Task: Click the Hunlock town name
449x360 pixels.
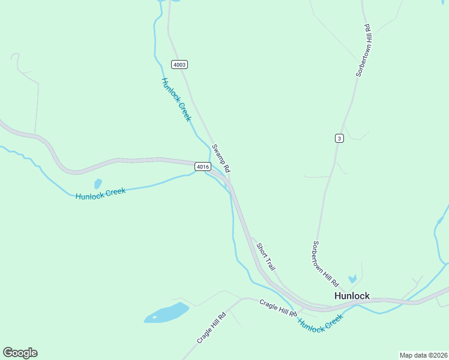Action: click(352, 296)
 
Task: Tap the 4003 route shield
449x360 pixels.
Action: click(179, 64)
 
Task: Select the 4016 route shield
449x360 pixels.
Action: click(202, 166)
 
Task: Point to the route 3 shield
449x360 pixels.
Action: click(339, 139)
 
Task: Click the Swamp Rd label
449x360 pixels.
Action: click(221, 158)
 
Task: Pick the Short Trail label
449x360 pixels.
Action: click(265, 256)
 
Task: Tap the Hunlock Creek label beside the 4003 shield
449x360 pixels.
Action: click(176, 100)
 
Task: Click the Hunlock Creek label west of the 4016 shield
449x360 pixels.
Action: click(100, 193)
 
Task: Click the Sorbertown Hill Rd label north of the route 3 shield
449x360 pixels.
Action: click(364, 50)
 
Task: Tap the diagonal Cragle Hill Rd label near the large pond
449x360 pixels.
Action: click(211, 328)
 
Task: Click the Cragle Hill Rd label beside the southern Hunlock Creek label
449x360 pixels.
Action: click(278, 308)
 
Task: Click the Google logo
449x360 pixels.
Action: click(20, 353)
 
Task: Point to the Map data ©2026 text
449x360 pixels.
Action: click(423, 355)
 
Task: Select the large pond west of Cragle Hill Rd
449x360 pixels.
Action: click(166, 313)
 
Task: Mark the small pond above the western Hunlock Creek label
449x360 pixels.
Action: click(97, 184)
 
